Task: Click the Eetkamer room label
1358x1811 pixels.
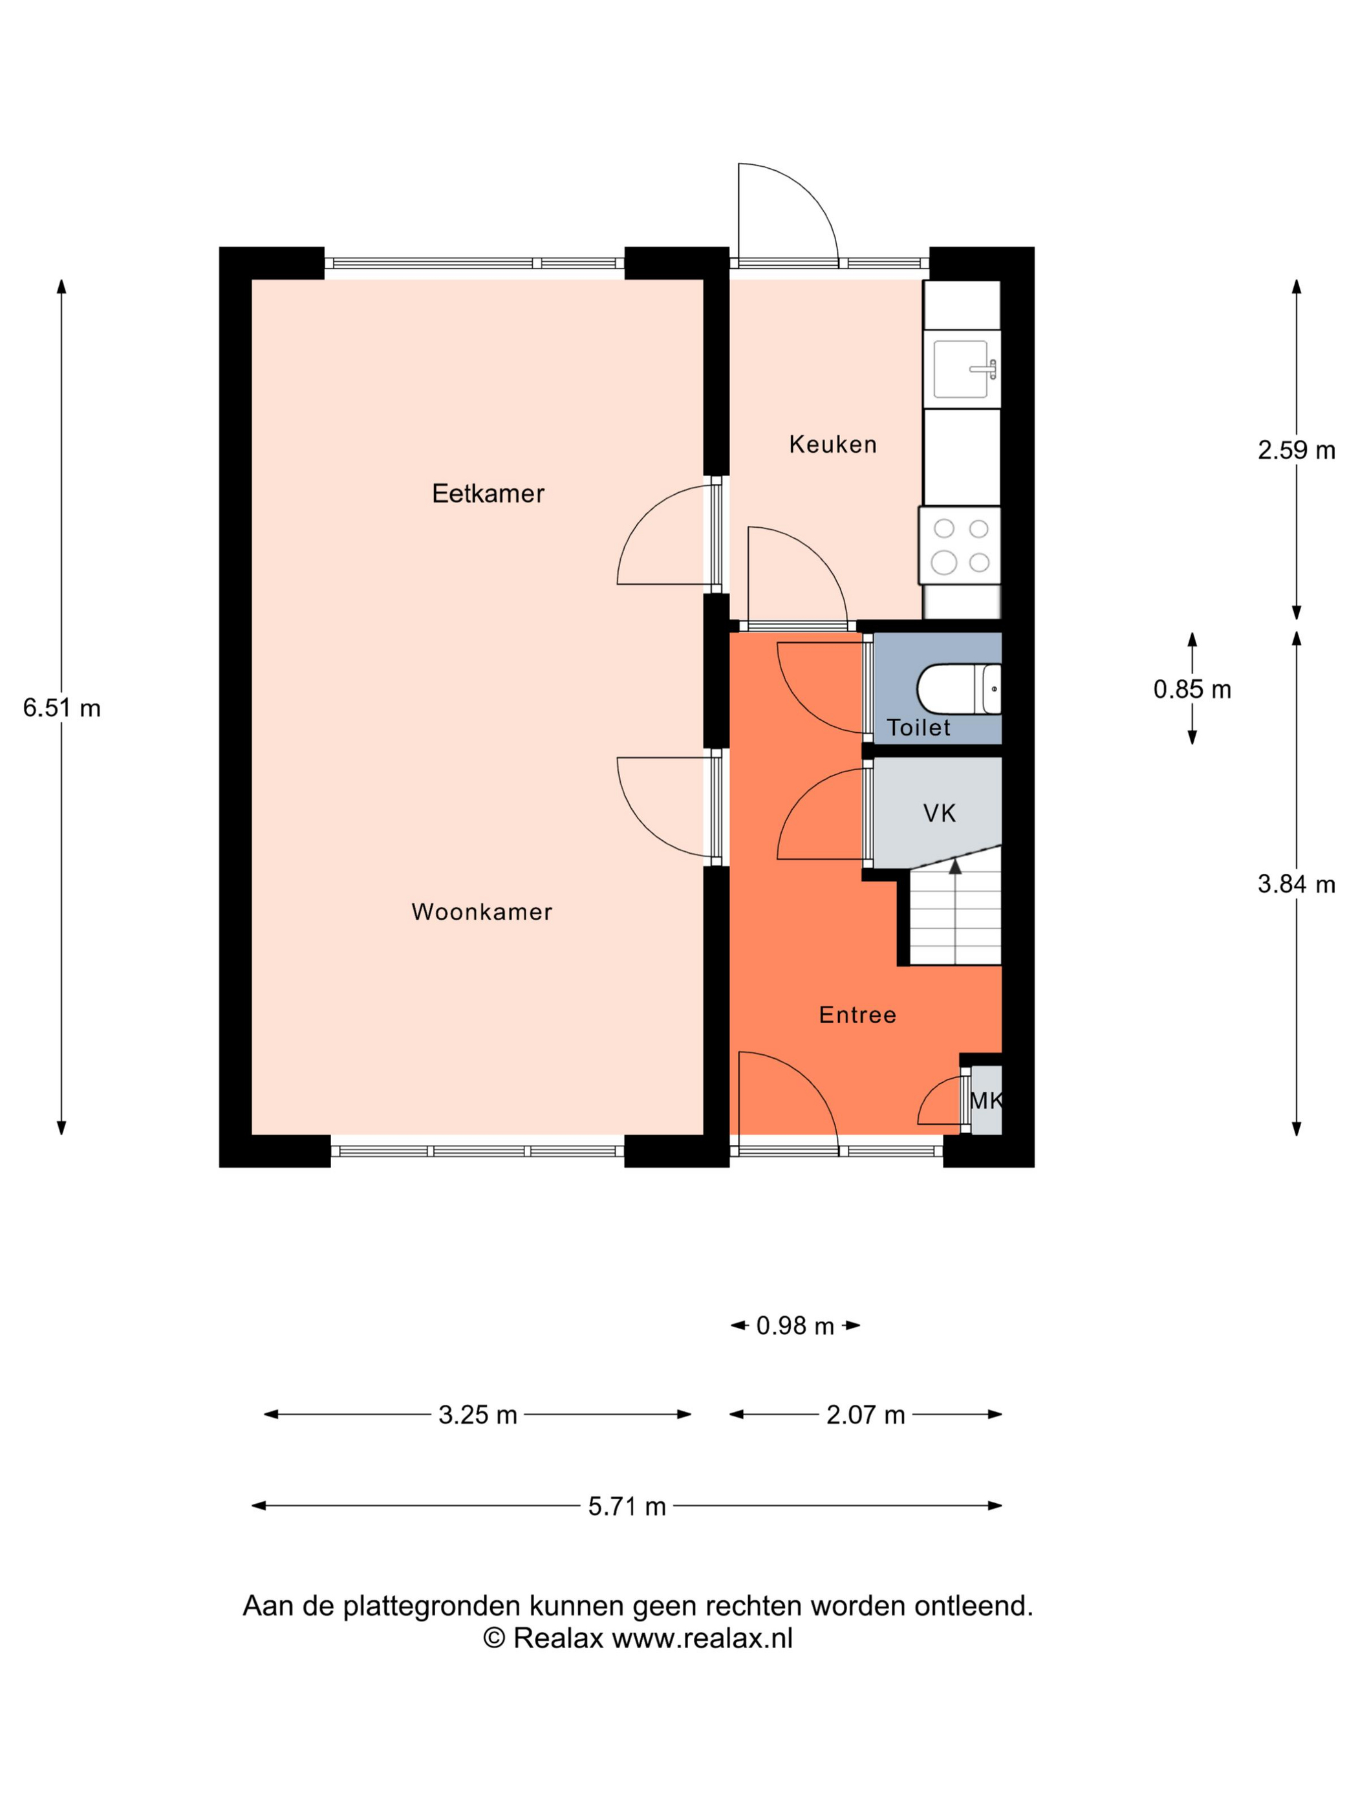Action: tap(488, 493)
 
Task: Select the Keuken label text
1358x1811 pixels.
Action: tap(832, 444)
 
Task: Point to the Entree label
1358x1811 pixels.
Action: tap(857, 1015)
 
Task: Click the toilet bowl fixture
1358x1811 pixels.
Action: tap(958, 689)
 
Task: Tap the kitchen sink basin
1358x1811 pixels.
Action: tap(961, 369)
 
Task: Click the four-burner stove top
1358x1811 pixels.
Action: tap(960, 545)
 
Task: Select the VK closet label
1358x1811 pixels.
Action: tap(939, 813)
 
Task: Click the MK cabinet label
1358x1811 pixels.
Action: tap(986, 1100)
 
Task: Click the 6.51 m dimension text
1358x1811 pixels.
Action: tap(61, 708)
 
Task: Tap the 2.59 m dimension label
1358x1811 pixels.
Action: tap(1296, 450)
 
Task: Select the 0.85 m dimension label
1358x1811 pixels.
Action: tap(1192, 689)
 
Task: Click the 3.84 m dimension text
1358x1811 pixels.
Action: tap(1296, 884)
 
